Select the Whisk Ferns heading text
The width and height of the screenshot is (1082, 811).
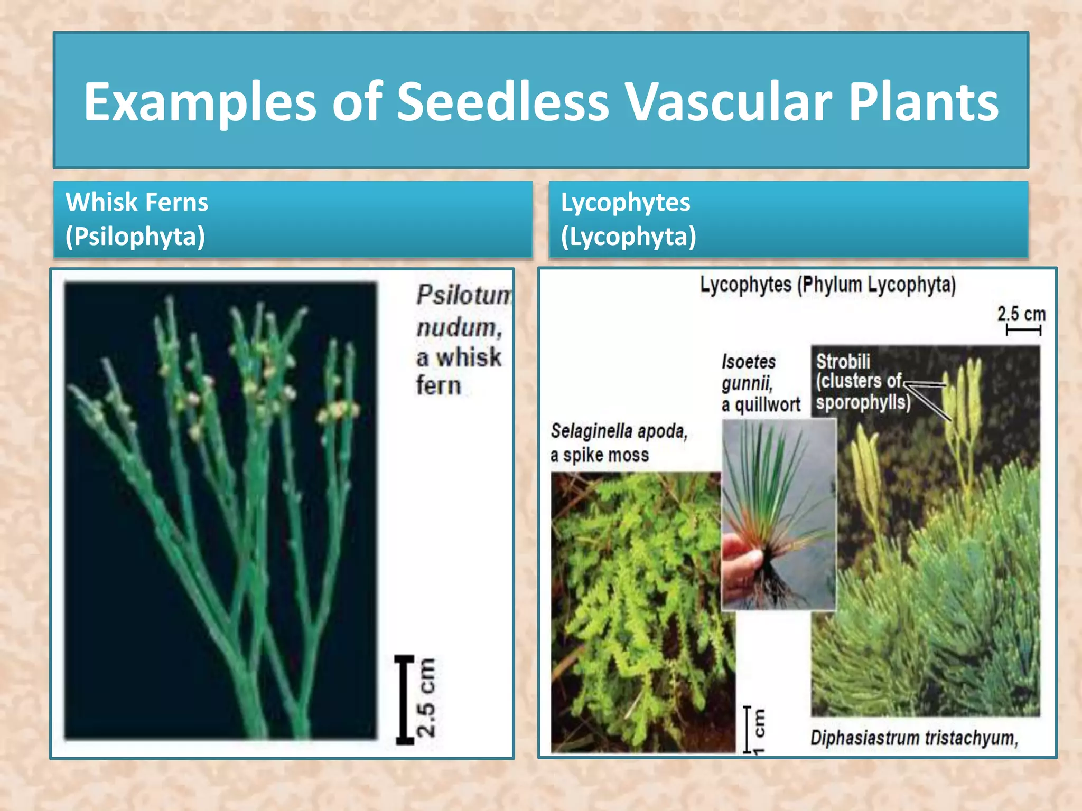click(137, 202)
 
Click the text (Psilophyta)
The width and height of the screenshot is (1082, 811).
click(135, 237)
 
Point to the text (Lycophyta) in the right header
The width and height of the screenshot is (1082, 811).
click(629, 237)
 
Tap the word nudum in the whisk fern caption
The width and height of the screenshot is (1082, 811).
click(459, 328)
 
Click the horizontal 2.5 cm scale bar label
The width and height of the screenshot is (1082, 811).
click(1021, 314)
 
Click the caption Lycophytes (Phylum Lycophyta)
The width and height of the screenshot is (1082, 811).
click(828, 285)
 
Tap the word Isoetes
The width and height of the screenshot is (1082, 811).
click(749, 362)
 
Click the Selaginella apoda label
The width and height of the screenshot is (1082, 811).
click(619, 431)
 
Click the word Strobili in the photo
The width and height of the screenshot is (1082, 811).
click(843, 362)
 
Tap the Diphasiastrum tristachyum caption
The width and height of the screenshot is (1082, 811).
click(914, 738)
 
